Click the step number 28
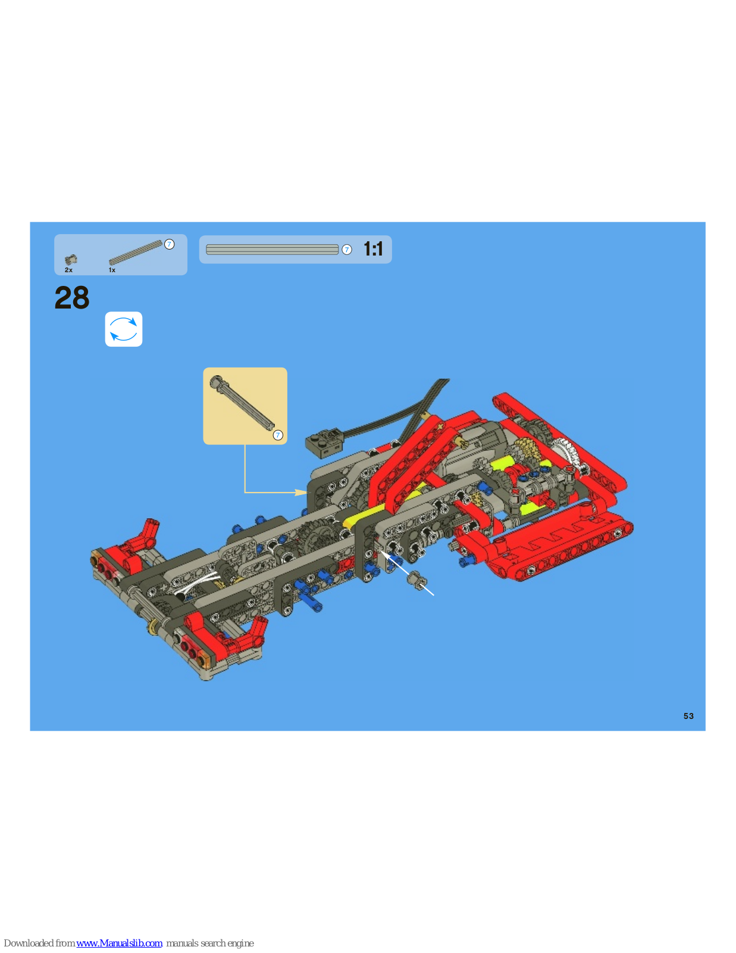(x=72, y=298)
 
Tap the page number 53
(x=688, y=716)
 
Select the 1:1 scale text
(x=373, y=248)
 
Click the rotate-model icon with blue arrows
(x=124, y=329)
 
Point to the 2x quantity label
(x=69, y=270)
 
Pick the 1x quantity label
(x=112, y=270)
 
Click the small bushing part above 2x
(x=71, y=260)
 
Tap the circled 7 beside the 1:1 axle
(x=346, y=250)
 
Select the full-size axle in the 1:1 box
(x=272, y=250)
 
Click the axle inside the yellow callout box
(x=242, y=403)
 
